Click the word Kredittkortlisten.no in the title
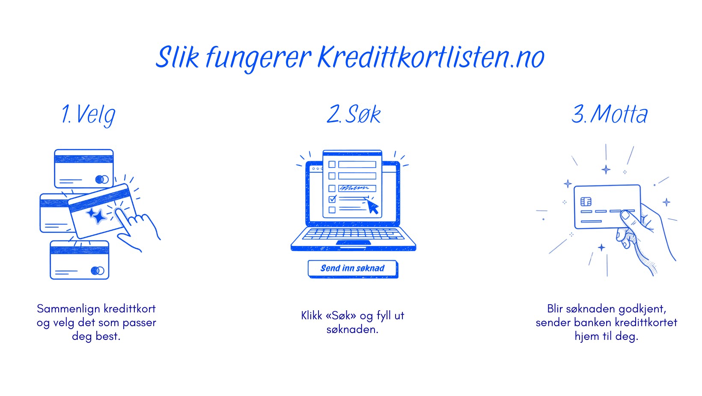tap(430, 57)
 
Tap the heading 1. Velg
tap(89, 114)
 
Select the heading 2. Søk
tap(354, 114)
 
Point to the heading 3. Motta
tap(610, 114)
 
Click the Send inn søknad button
tap(352, 269)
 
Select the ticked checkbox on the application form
tap(332, 199)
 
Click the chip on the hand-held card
tap(586, 201)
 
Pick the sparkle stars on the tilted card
tap(97, 215)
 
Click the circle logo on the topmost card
tap(101, 179)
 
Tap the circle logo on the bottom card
tap(98, 270)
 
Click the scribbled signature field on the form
tap(357, 188)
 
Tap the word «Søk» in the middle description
tap(341, 316)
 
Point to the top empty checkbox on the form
tap(332, 164)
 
